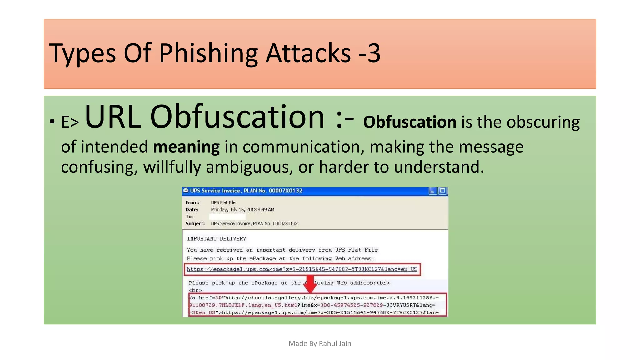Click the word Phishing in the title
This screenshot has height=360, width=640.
click(x=208, y=53)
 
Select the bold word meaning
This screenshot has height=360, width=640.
click(x=186, y=147)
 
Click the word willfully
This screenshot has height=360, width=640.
click(x=172, y=167)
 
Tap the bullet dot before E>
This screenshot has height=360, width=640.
click(x=52, y=121)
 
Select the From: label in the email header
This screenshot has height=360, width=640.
click(x=192, y=202)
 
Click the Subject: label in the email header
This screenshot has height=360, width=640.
click(x=195, y=223)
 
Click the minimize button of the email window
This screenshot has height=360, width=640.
click(x=432, y=191)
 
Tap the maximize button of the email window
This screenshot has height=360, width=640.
click(x=442, y=191)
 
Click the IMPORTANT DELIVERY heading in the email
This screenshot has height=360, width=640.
click(x=217, y=239)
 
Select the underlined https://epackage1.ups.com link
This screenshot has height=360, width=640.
click(x=302, y=269)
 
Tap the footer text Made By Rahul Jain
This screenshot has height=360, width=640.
click(x=320, y=343)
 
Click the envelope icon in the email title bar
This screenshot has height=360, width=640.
click(x=186, y=190)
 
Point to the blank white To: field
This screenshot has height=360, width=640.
click(x=227, y=217)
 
